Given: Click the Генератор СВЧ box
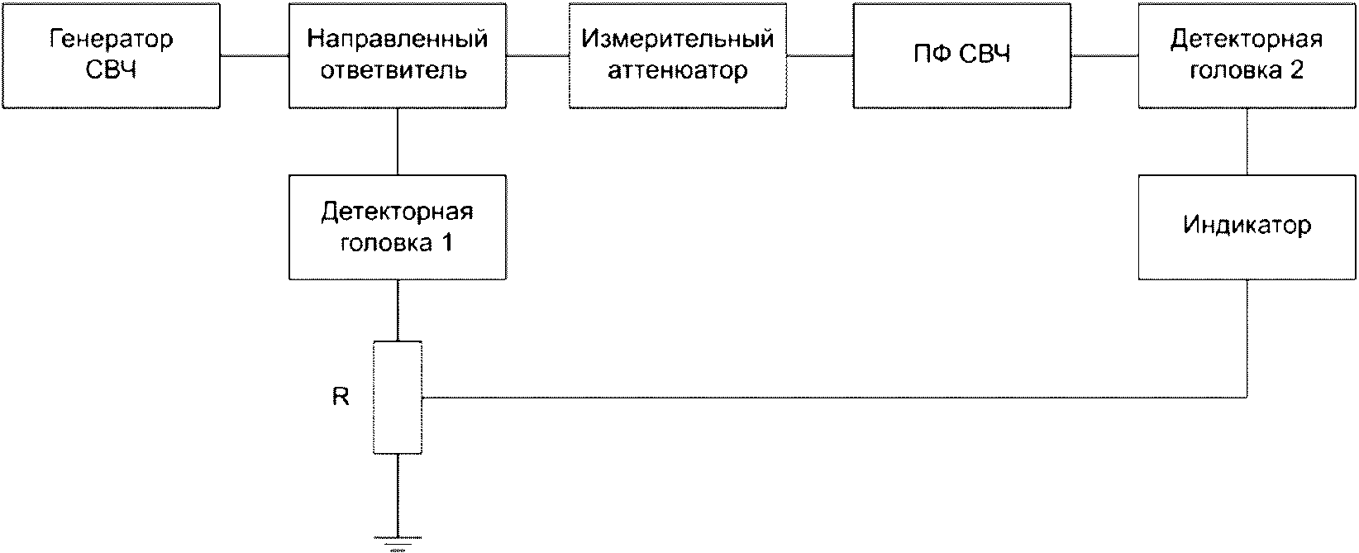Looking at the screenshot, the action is [111, 55].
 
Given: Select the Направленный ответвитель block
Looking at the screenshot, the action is [398, 55].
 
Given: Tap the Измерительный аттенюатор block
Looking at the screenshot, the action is [678, 55].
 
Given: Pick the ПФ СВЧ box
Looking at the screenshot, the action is [961, 55].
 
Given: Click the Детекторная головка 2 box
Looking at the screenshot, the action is [1247, 55].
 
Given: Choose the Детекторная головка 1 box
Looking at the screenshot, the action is [398, 227].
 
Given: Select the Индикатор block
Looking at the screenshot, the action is [1247, 227].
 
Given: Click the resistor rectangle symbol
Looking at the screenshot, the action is [398, 397].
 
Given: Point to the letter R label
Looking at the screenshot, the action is [341, 397].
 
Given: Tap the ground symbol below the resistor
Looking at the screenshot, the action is [398, 543].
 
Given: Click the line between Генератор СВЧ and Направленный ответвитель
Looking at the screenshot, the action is [255, 55].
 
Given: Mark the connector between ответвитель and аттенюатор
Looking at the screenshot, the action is [537, 55].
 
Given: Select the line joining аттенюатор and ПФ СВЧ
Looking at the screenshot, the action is [820, 55].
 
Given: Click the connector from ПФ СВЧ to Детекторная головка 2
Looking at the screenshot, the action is [1104, 55].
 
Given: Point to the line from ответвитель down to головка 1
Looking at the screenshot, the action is [398, 142].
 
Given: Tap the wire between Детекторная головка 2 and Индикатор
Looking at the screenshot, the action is [1247, 142].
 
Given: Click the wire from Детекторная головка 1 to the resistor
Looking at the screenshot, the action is [398, 311].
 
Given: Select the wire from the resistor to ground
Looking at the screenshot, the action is [398, 495].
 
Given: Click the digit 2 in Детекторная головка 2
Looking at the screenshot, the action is [1296, 70].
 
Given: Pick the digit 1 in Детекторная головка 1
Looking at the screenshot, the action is [446, 242].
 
